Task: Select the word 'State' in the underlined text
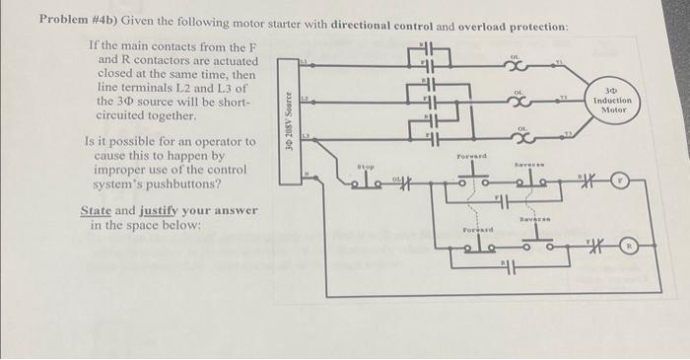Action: coord(97,210)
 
